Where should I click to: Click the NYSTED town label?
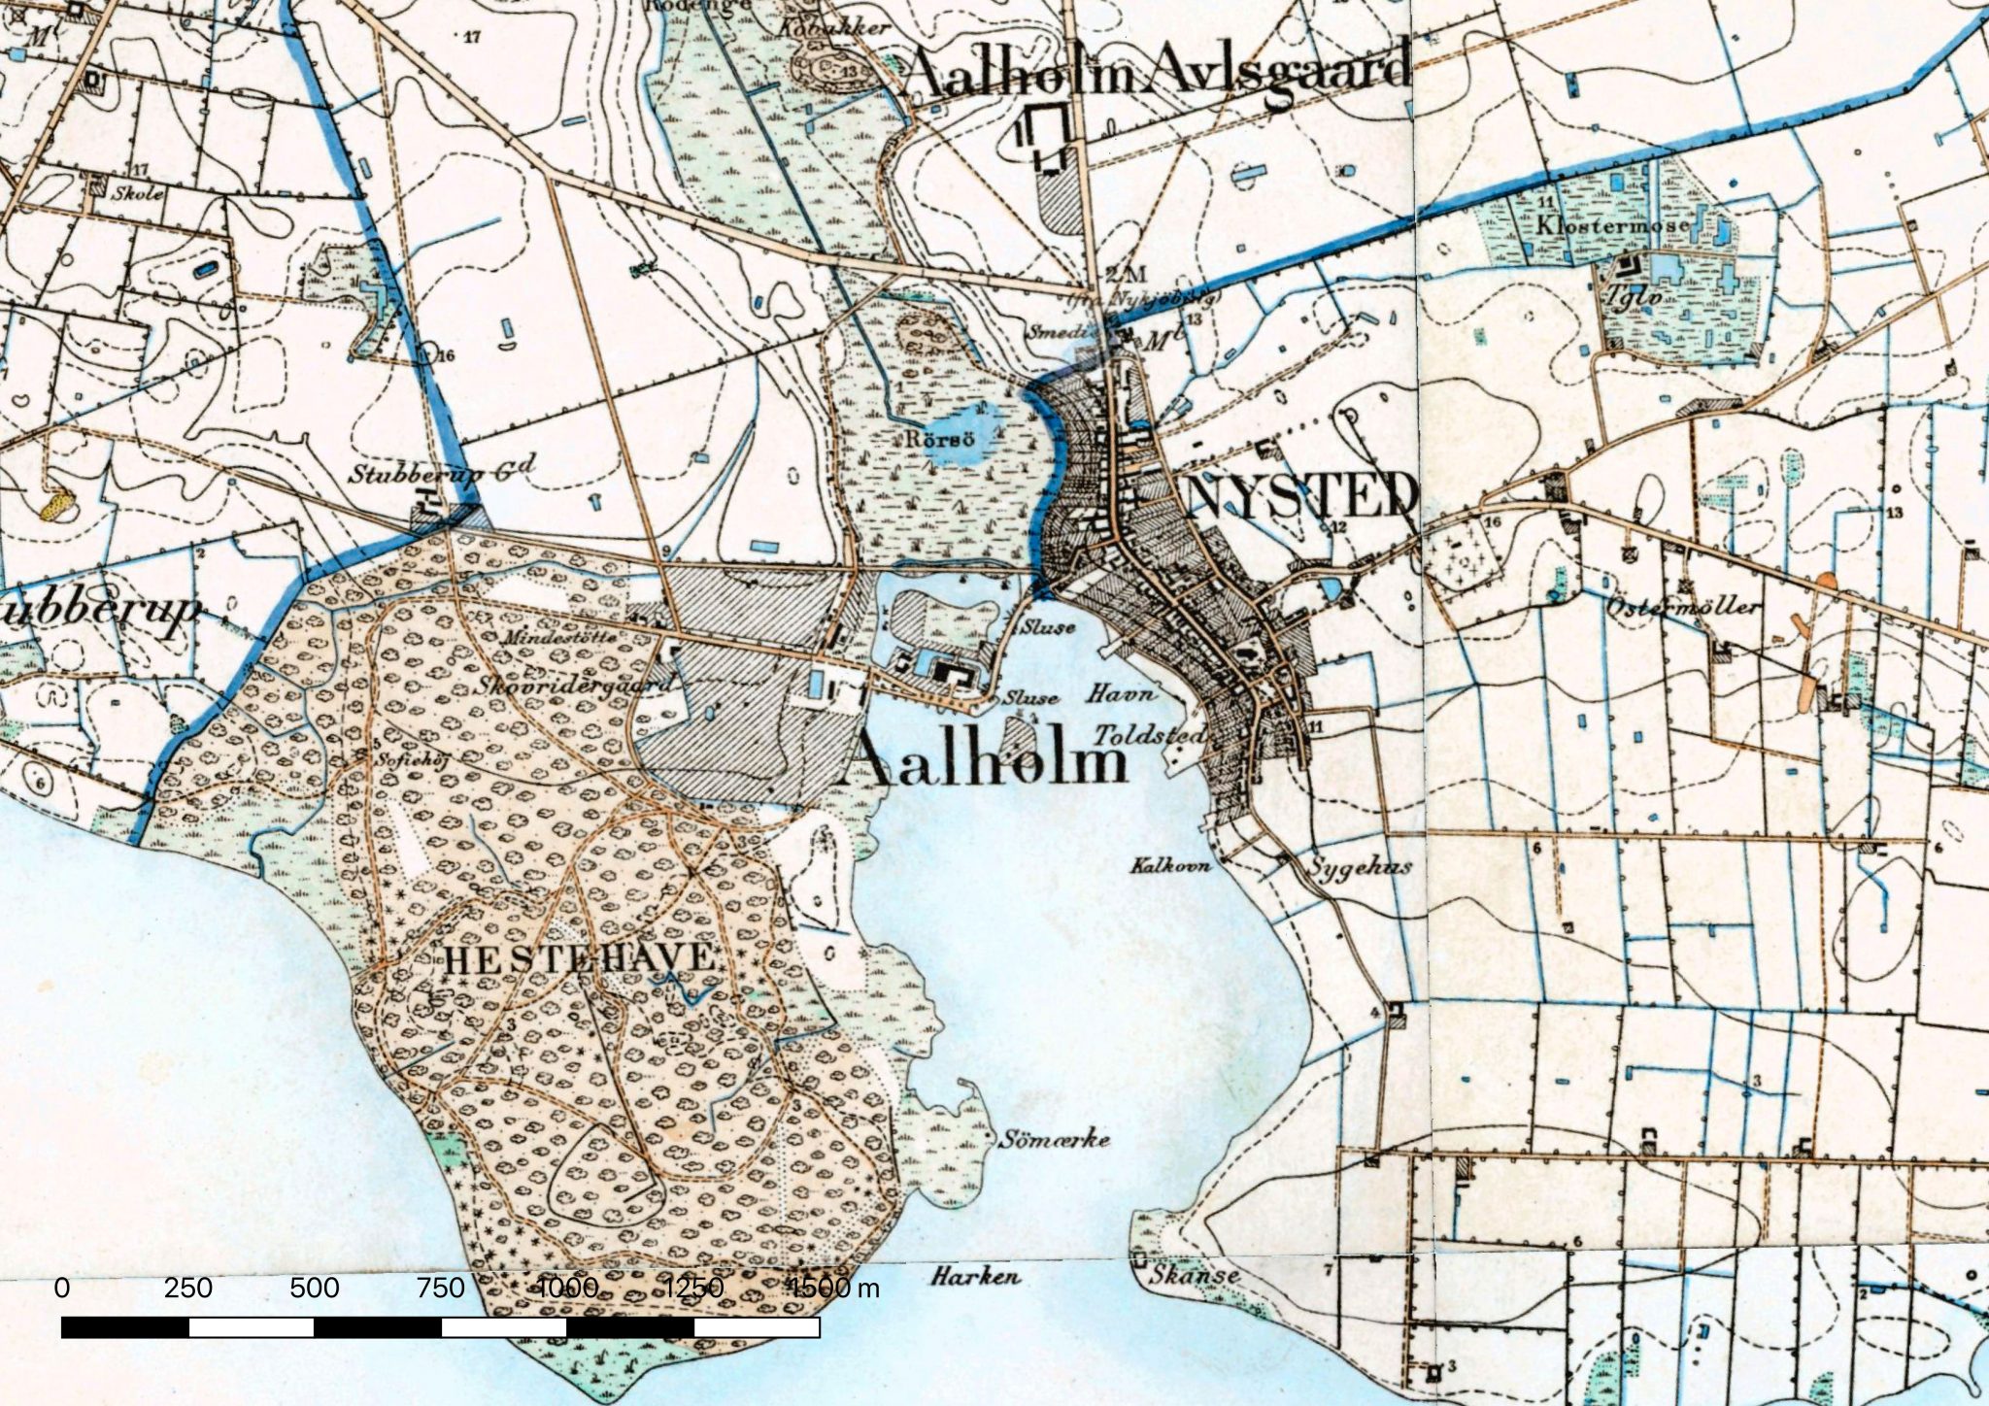1301,496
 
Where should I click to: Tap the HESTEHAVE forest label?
580,960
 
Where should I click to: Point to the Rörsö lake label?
938,439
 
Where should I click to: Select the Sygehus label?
1360,866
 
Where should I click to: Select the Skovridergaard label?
575,685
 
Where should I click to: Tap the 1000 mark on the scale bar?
568,1289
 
